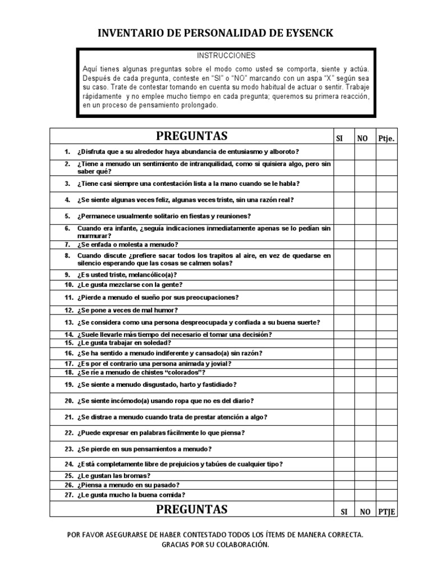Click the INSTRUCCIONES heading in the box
tap(226, 56)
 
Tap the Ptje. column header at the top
tap(386, 138)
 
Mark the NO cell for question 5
tap(364, 216)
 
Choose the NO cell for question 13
tap(364, 322)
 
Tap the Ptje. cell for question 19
tap(387, 385)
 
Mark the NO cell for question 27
tap(364, 495)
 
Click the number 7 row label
tap(67, 245)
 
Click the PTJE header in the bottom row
tap(387, 512)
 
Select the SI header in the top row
tap(339, 138)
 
